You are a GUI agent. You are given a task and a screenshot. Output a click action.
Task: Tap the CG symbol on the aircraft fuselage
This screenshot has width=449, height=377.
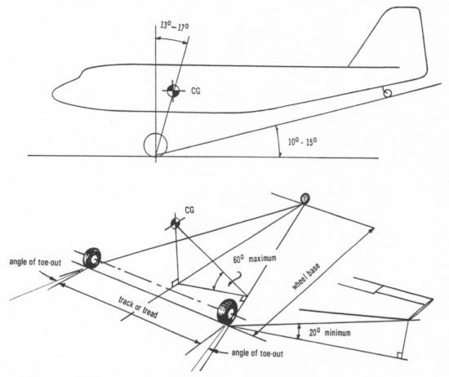[171, 91]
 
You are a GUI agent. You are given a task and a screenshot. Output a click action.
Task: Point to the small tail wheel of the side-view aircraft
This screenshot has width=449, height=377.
[387, 94]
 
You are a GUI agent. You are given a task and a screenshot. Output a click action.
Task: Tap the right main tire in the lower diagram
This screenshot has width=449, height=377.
[226, 314]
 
